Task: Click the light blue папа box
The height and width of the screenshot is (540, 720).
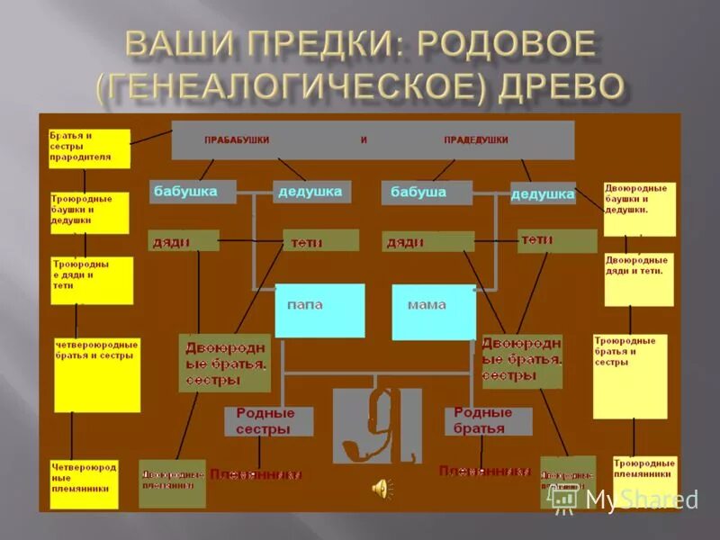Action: tap(319, 310)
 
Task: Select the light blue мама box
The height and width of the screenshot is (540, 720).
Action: tap(433, 311)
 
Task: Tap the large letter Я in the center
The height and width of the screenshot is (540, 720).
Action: tap(377, 423)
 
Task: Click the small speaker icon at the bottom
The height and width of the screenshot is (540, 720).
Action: tap(382, 488)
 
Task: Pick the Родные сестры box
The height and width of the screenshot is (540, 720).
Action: tap(268, 421)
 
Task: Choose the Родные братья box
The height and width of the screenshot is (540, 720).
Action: tap(487, 421)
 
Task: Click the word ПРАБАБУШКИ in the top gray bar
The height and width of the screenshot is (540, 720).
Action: tap(237, 140)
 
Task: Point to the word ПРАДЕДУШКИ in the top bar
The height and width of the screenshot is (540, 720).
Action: tap(476, 140)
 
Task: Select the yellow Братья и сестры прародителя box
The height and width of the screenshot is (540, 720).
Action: tap(89, 148)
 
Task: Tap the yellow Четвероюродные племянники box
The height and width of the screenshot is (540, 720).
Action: tap(84, 484)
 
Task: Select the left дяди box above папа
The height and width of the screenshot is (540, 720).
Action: tap(184, 240)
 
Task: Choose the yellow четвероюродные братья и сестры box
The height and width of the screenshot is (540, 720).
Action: tap(97, 374)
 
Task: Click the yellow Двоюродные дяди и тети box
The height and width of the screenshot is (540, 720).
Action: tap(639, 279)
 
